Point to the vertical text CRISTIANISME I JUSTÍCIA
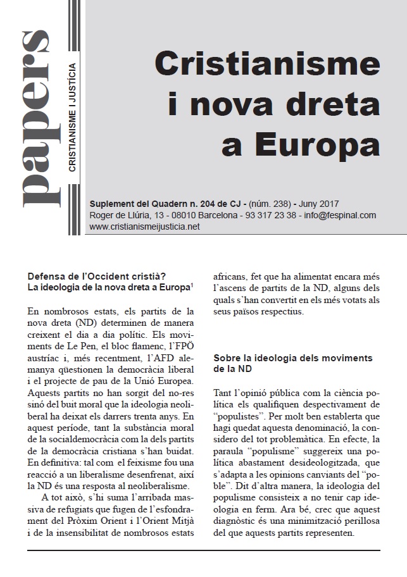[x=73, y=117]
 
